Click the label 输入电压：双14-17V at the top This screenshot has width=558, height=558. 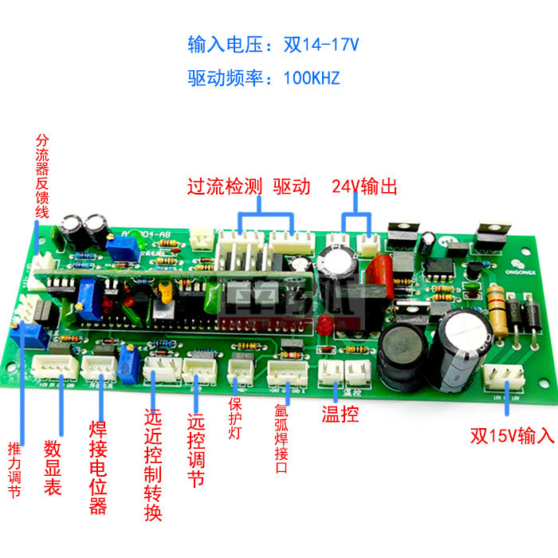click(x=273, y=44)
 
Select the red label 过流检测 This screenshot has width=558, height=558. click(x=224, y=187)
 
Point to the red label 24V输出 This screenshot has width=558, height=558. click(x=363, y=187)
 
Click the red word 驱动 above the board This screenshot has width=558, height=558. click(x=291, y=187)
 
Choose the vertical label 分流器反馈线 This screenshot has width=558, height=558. click(x=42, y=176)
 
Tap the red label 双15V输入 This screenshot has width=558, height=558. click(x=511, y=436)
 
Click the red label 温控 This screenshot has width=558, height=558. click(x=340, y=414)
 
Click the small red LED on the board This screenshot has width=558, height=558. click(x=324, y=323)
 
